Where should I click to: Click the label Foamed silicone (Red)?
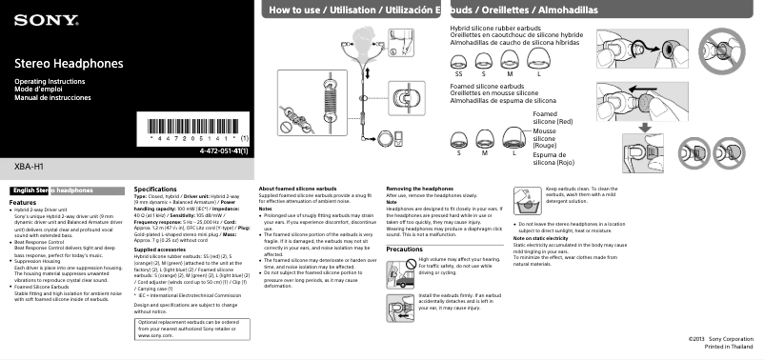click(553, 117)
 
